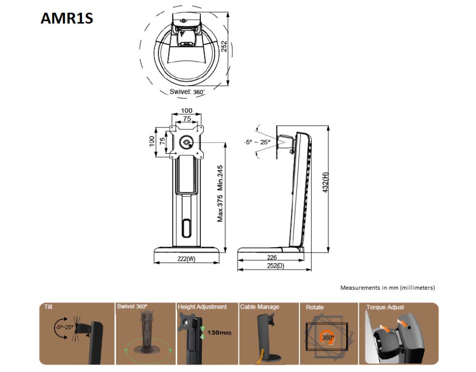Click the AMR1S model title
click(67, 18)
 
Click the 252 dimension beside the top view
click(223, 47)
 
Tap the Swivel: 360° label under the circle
click(187, 92)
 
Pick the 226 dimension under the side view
click(272, 257)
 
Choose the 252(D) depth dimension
click(275, 266)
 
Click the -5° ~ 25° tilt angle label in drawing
click(257, 141)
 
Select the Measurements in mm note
click(387, 288)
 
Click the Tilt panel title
click(49, 307)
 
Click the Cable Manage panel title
click(259, 307)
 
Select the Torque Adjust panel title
click(385, 307)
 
